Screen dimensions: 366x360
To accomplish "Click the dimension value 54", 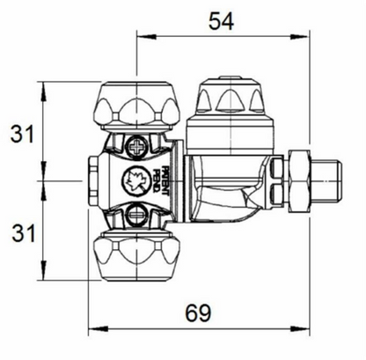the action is pos(221,22).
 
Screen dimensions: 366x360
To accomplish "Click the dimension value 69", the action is pos(198,312).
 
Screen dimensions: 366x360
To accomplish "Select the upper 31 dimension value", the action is pos(22,134).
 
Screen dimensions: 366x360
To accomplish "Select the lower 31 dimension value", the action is pos(23,233).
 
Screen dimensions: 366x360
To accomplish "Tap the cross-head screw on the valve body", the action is pos(137,146).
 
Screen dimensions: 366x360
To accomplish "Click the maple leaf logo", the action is pos(133,180).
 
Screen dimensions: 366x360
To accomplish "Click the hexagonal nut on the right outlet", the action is pos(299,180).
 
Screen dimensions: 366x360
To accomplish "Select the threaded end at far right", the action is pos(326,180).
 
